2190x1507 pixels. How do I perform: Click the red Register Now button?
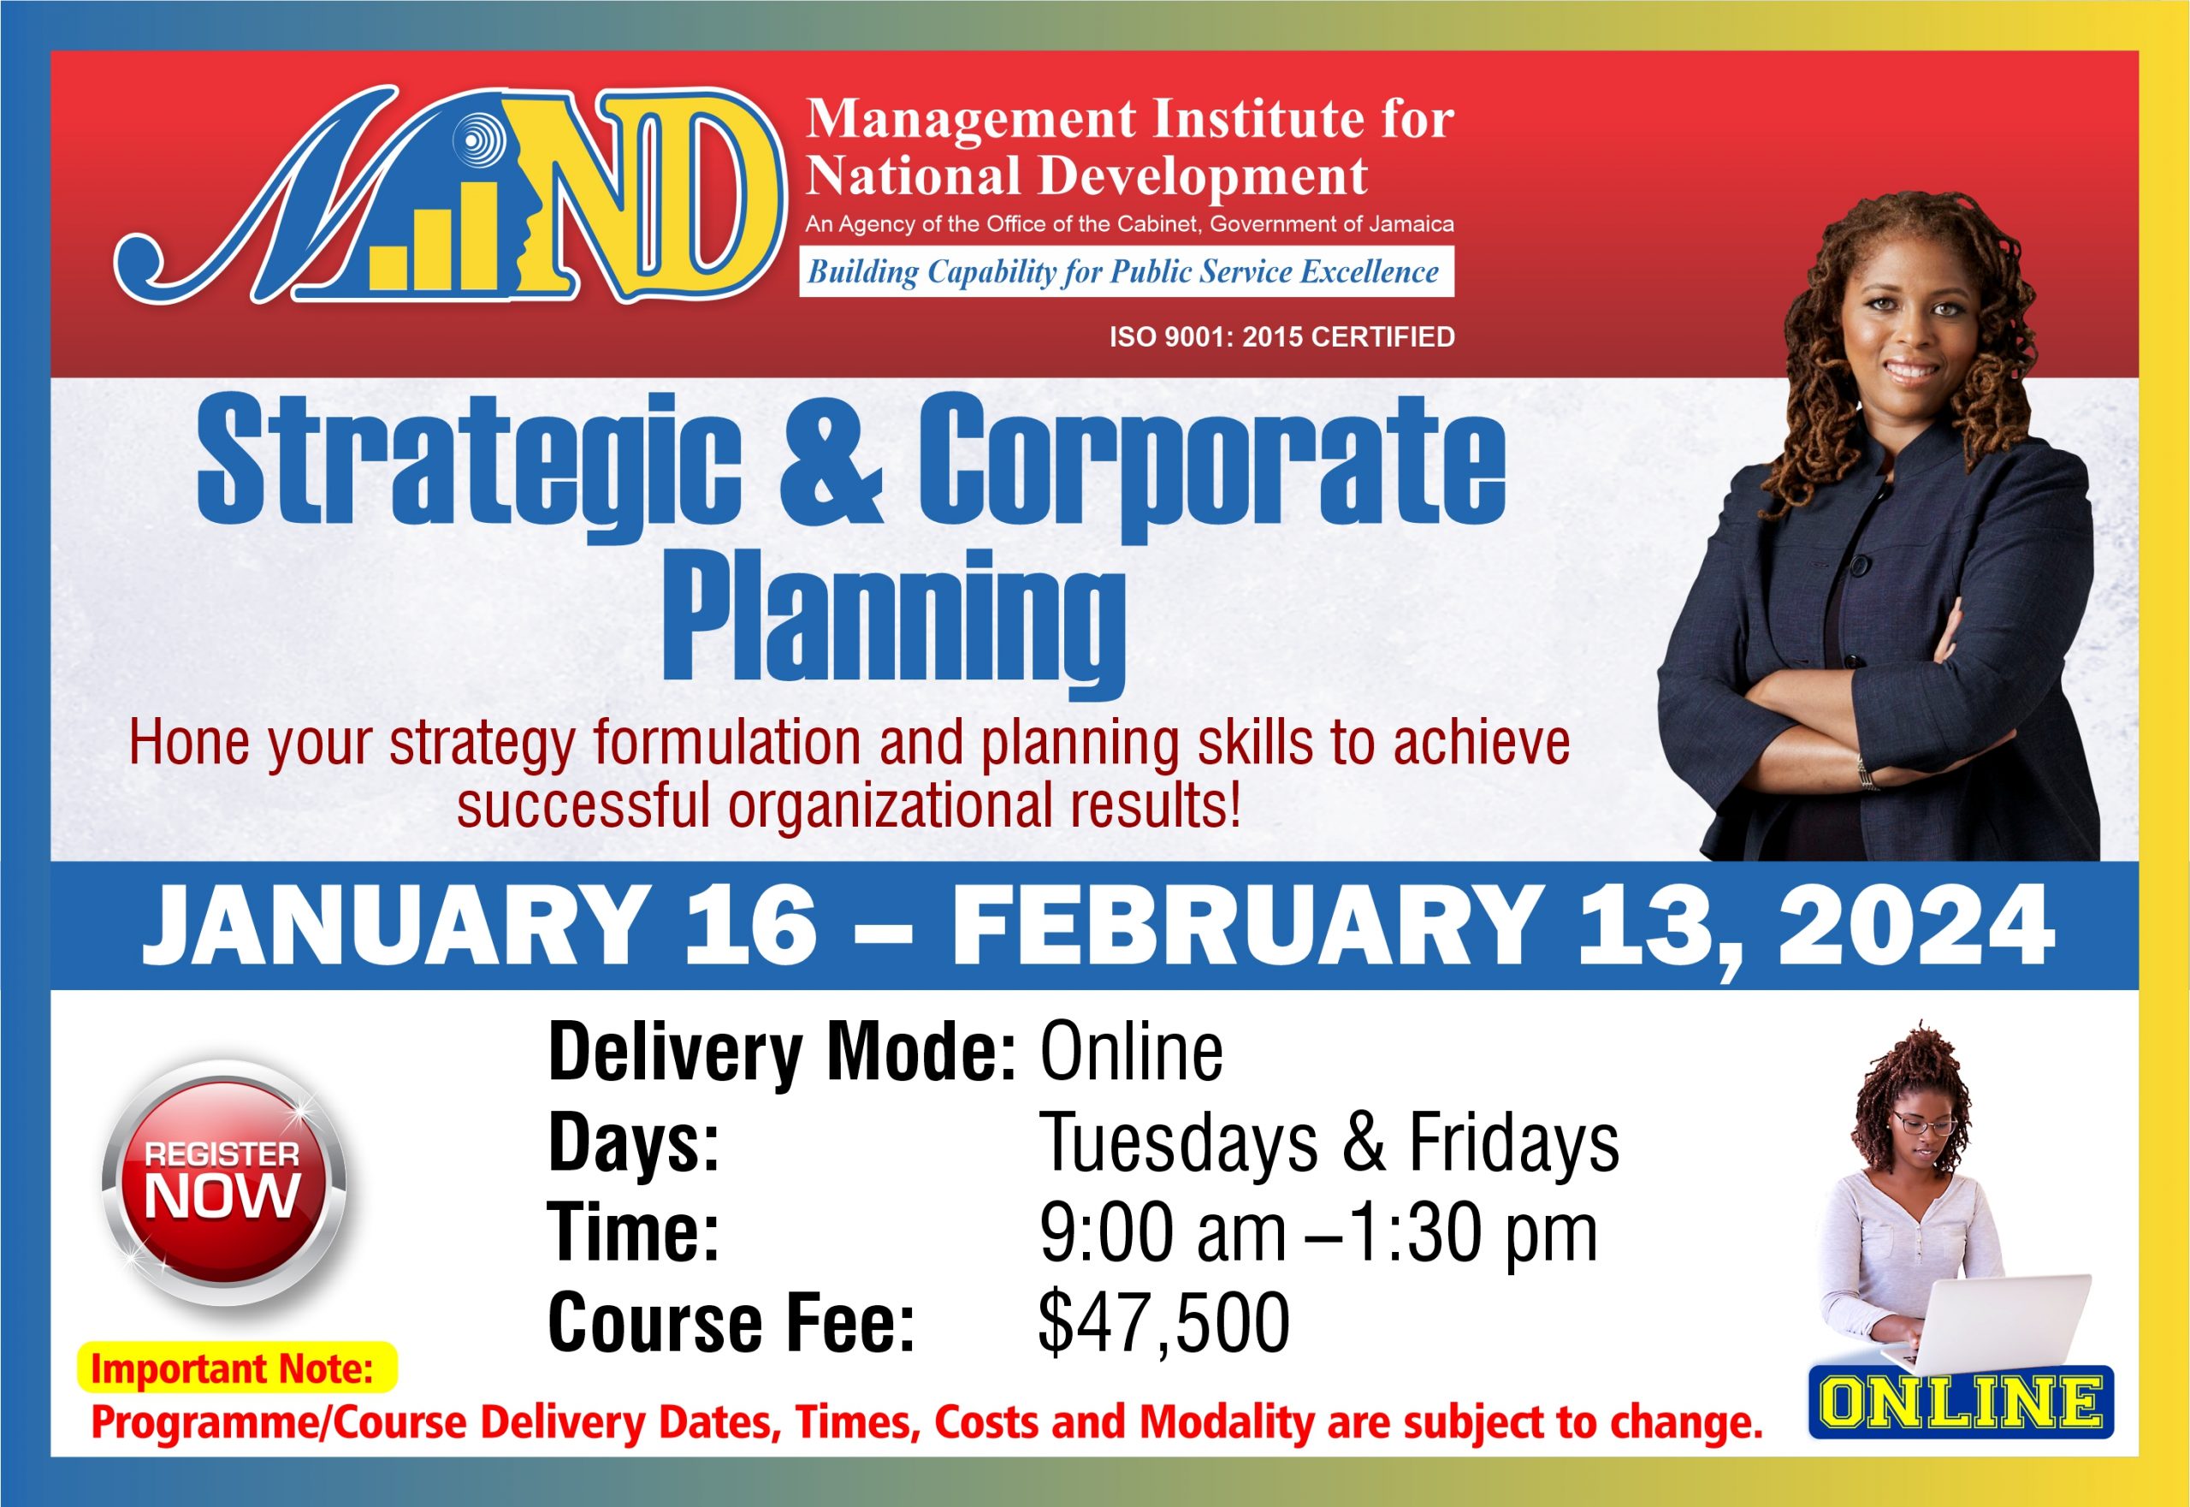pos(224,1182)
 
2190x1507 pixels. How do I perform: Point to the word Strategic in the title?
pos(469,466)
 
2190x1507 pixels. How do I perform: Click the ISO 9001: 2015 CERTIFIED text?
pos(1281,337)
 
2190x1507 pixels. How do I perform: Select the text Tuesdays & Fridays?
pos(1329,1143)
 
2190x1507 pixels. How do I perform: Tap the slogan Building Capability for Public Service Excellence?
pos(1123,272)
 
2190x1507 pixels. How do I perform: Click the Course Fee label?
pos(731,1322)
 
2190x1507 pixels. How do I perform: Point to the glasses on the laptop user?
pos(1927,1124)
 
